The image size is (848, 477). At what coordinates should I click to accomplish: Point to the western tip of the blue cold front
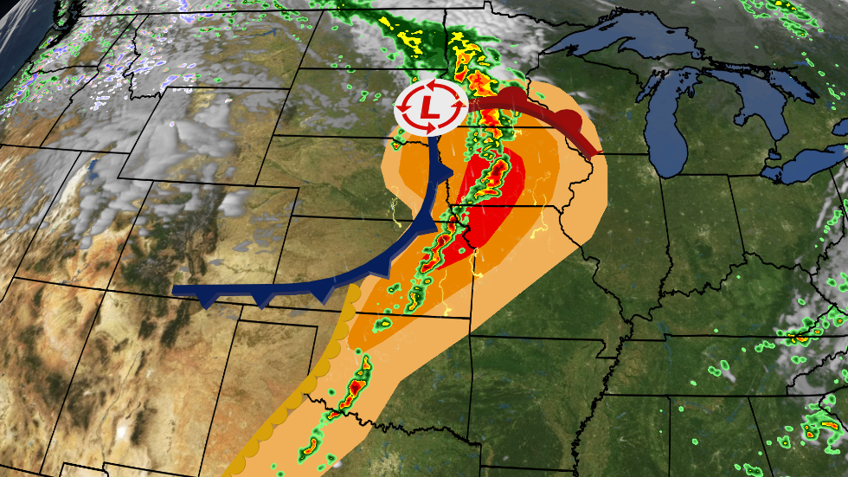[176, 290]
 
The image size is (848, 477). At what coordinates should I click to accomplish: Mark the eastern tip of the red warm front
[596, 155]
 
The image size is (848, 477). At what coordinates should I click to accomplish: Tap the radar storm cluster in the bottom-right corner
[818, 429]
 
